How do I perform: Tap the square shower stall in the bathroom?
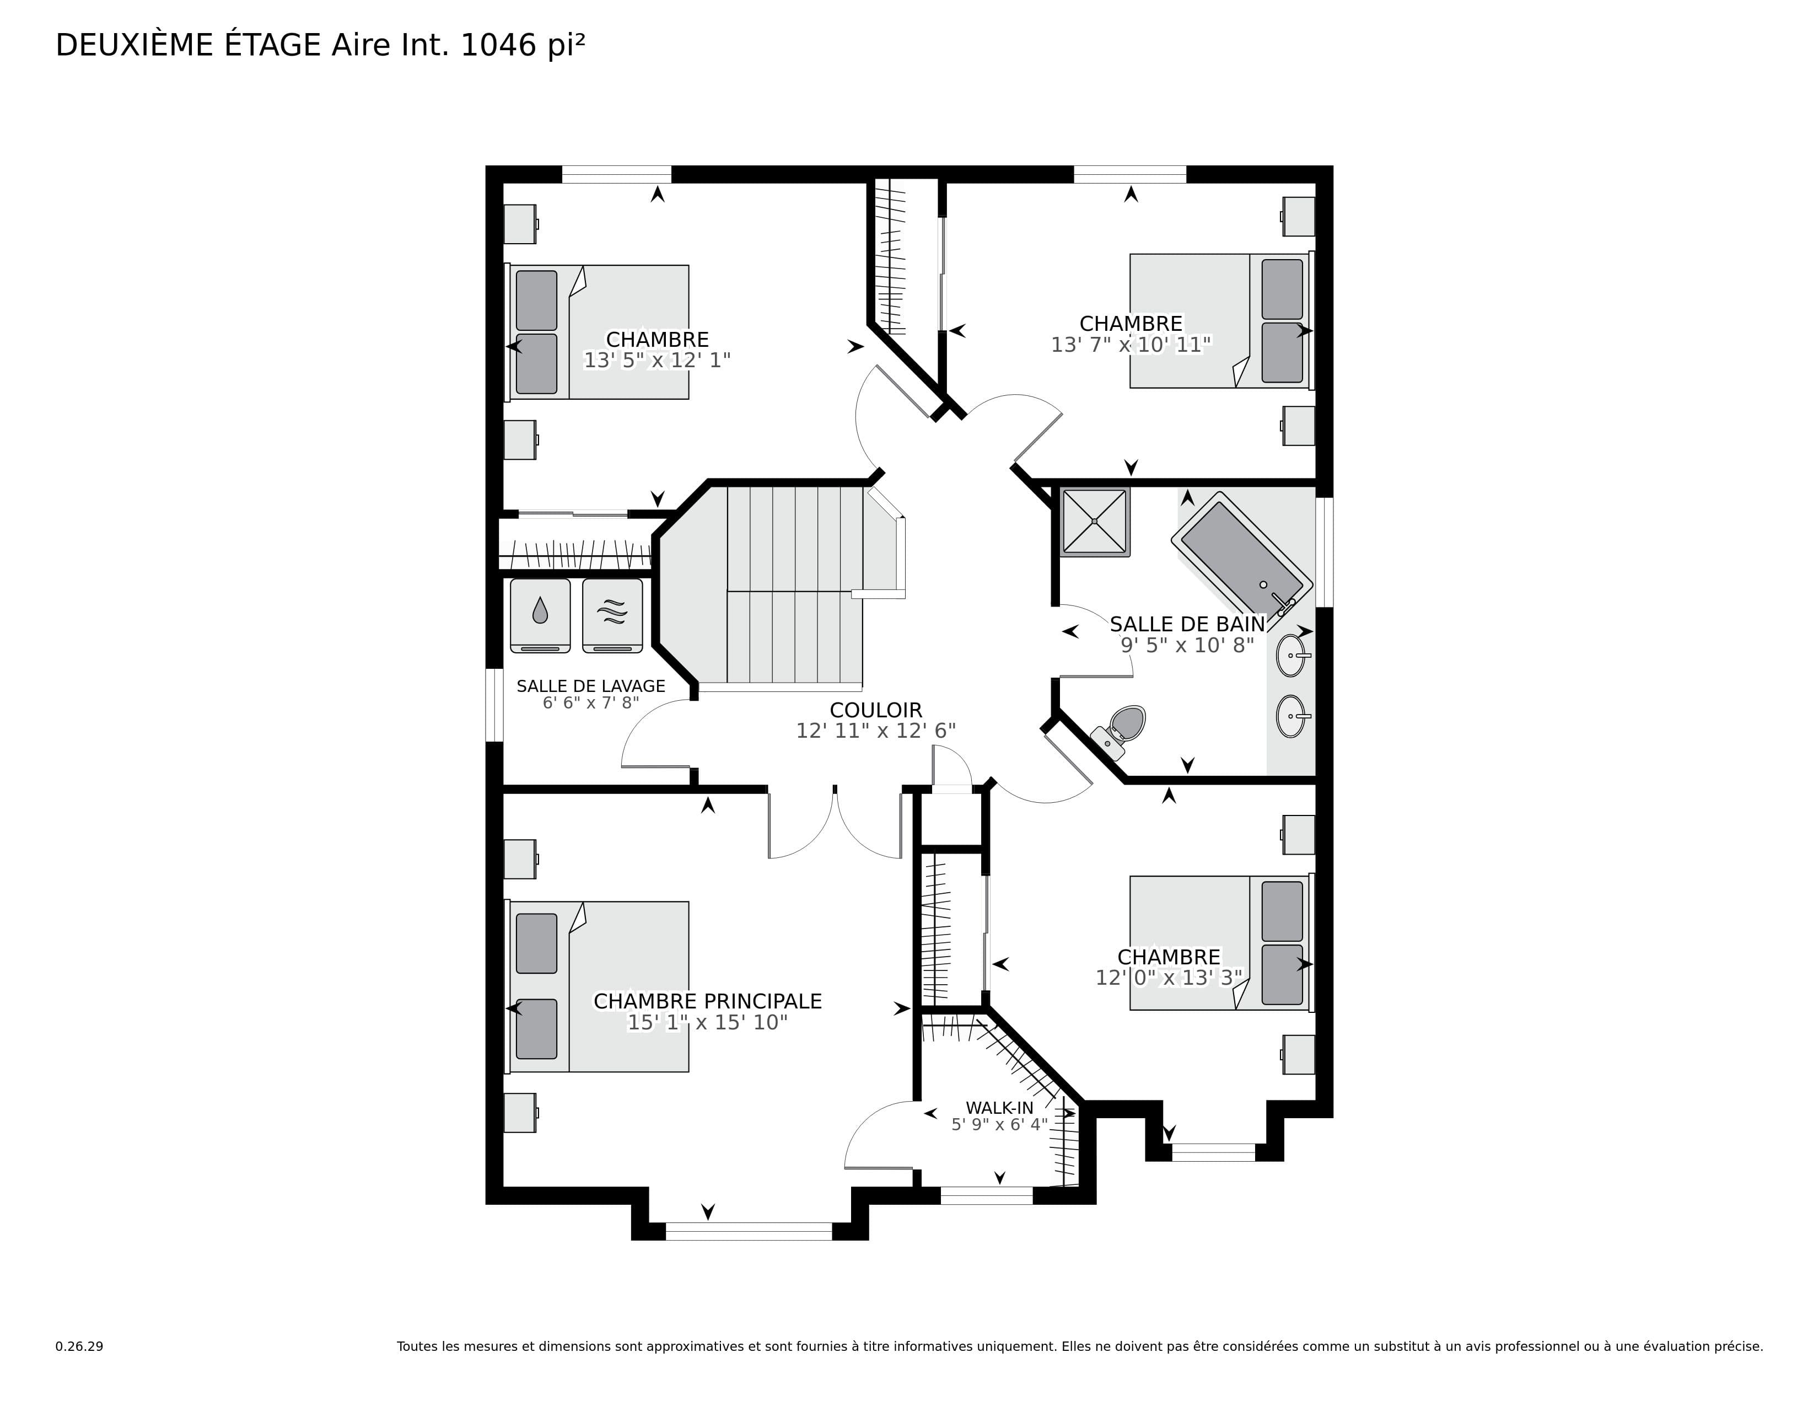1094,522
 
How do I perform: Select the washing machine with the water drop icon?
540,615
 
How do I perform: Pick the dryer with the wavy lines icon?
612,615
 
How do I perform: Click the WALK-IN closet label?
999,1108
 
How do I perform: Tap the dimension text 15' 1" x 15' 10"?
708,1022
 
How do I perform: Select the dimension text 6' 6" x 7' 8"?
590,702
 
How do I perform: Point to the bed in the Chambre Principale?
598,986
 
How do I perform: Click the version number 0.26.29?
79,1346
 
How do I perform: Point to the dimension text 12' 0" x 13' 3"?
1169,977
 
